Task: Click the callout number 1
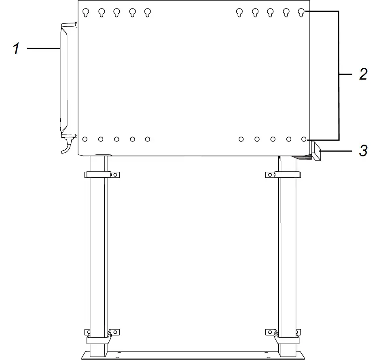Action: (x=16, y=49)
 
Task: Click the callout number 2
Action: (x=363, y=74)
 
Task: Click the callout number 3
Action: (x=363, y=151)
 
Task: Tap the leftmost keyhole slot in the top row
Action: (x=85, y=13)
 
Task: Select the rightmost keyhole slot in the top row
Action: (x=301, y=13)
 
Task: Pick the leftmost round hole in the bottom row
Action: (x=85, y=139)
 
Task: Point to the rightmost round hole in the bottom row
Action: (x=304, y=139)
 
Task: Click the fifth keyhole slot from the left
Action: (x=148, y=13)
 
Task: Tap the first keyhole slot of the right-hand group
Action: (x=239, y=13)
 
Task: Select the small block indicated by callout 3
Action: (x=316, y=153)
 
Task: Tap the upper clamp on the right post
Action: (x=283, y=175)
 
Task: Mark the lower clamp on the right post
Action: (x=283, y=335)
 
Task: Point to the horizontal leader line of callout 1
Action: (x=43, y=48)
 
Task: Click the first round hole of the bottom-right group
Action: (x=241, y=139)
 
